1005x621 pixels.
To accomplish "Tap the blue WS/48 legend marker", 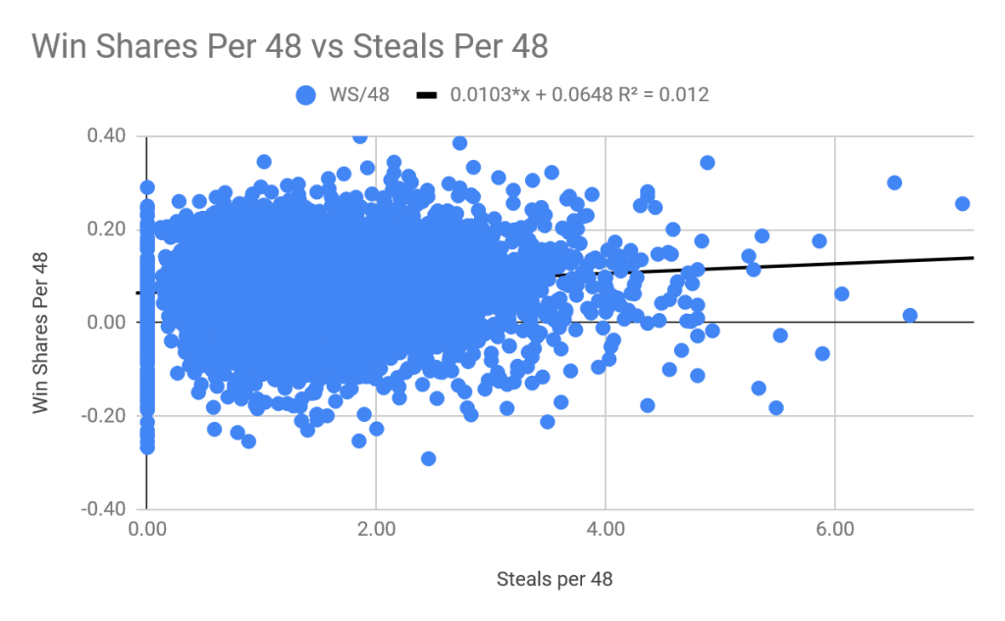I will click(x=306, y=95).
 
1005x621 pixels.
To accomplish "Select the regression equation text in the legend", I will click(x=579, y=95).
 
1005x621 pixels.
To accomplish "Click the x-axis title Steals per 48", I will click(x=555, y=580).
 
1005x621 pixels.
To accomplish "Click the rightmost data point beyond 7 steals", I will click(x=962, y=204).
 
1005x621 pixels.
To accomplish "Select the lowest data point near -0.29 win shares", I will click(x=428, y=458).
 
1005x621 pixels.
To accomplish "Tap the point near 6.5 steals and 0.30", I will click(x=894, y=182).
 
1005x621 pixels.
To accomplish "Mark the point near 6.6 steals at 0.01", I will click(x=910, y=315).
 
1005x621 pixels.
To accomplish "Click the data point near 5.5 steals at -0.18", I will click(x=776, y=407).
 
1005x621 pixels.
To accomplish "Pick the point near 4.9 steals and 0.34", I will click(x=707, y=163).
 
